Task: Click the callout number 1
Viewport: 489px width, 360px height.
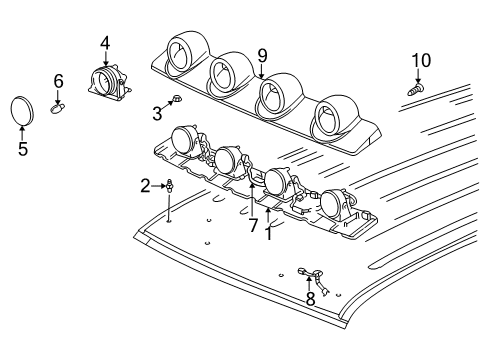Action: point(268,234)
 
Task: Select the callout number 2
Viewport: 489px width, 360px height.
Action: point(145,185)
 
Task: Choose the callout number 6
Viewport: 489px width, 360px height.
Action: point(59,80)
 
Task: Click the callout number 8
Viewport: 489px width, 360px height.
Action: point(309,297)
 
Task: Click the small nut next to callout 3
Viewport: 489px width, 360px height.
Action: point(176,99)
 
